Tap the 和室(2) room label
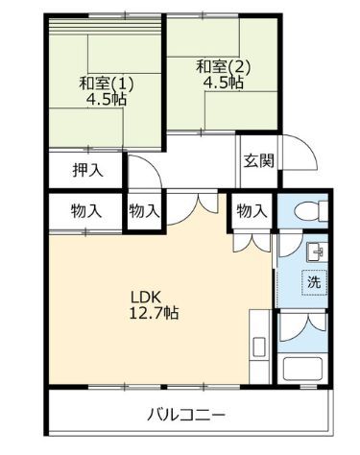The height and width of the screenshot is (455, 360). (x=223, y=66)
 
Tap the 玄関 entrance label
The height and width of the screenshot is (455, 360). (x=256, y=160)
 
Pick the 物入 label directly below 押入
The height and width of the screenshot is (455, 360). (x=86, y=211)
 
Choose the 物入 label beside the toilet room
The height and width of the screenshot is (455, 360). (x=251, y=211)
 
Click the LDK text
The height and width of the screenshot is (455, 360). (x=145, y=296)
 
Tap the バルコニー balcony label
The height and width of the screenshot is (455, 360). (x=186, y=416)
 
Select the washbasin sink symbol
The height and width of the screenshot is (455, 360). (x=313, y=252)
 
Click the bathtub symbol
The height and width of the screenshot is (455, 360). (x=305, y=370)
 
